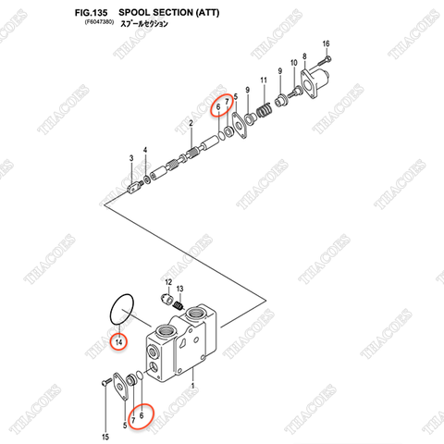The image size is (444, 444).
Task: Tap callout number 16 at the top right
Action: [325, 44]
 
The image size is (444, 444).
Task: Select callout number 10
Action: [292, 62]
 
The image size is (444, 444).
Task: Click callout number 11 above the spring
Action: [263, 80]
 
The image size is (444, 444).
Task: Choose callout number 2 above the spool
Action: [190, 123]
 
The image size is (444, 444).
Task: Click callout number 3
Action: [130, 159]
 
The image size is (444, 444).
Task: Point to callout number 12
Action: [168, 280]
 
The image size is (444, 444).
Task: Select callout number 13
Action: [180, 289]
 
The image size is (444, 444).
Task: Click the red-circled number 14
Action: [118, 343]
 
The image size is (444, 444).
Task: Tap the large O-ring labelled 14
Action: [121, 310]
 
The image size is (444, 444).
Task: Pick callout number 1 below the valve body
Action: [192, 385]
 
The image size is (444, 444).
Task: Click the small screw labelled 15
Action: [101, 382]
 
